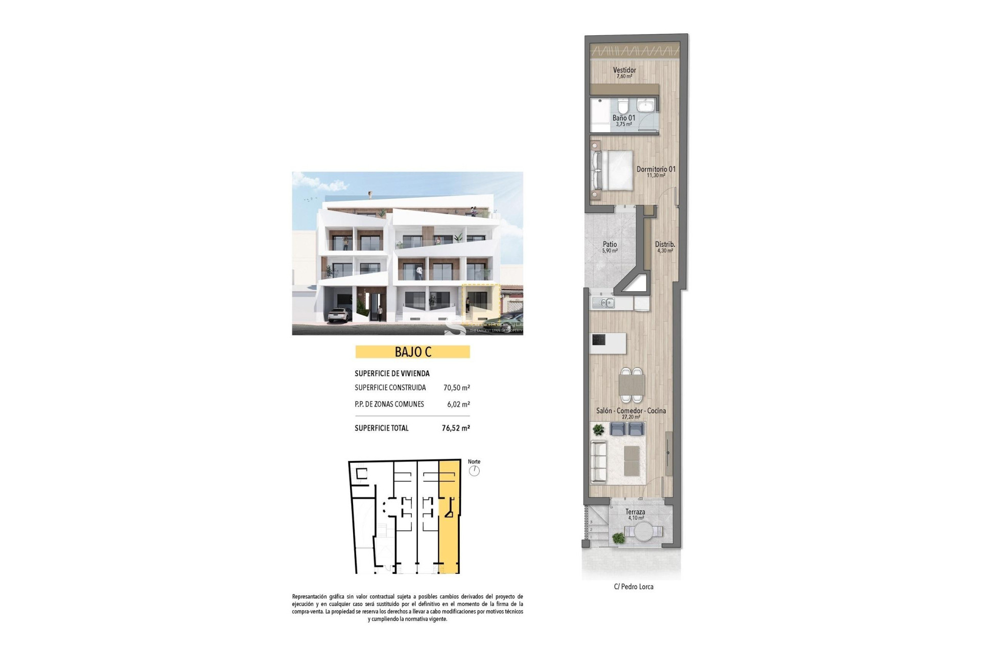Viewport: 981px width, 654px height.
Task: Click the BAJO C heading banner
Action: coord(412,352)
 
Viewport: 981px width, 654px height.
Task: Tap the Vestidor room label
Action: coord(624,70)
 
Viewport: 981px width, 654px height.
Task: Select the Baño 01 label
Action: coord(624,118)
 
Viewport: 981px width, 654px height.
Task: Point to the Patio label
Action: coord(610,244)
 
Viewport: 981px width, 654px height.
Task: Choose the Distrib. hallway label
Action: coord(665,244)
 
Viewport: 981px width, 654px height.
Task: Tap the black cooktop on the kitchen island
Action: coord(598,339)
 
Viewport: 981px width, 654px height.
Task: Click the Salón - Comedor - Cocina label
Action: coord(631,411)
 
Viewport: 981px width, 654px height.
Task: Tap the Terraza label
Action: coord(635,512)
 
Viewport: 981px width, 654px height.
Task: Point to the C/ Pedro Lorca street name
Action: coord(634,587)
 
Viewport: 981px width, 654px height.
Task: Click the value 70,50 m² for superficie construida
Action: coord(456,388)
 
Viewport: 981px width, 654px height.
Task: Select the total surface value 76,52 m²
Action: coord(455,428)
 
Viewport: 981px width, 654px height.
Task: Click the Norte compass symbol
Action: coord(474,471)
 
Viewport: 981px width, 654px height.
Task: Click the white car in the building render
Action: coord(338,316)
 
